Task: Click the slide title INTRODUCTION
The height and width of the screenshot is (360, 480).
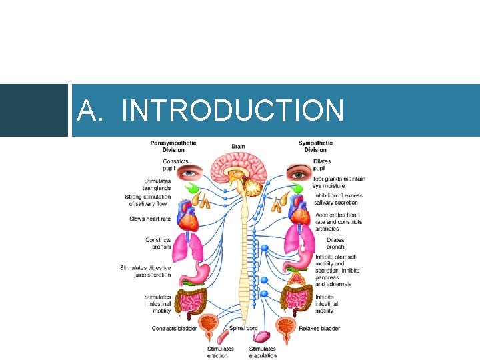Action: tap(210, 110)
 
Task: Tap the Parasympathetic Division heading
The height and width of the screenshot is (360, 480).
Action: tap(173, 146)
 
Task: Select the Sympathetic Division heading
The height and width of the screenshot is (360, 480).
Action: tap(315, 146)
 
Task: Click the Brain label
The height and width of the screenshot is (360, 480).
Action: tap(238, 147)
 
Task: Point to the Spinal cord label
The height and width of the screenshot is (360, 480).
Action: tap(243, 328)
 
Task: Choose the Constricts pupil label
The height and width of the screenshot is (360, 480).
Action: tap(175, 164)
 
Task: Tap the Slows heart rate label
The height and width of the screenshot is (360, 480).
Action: tap(150, 219)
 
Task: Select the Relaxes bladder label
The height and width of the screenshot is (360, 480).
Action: tap(319, 328)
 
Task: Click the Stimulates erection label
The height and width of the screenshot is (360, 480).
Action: tap(220, 352)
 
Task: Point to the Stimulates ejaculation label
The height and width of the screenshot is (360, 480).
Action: tap(263, 352)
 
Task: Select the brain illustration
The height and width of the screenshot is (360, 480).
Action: tap(242, 169)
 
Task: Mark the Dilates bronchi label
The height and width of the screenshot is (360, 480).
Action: tap(336, 243)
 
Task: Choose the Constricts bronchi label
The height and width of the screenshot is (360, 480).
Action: tap(158, 243)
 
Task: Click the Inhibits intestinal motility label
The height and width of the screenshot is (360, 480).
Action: tap(326, 304)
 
